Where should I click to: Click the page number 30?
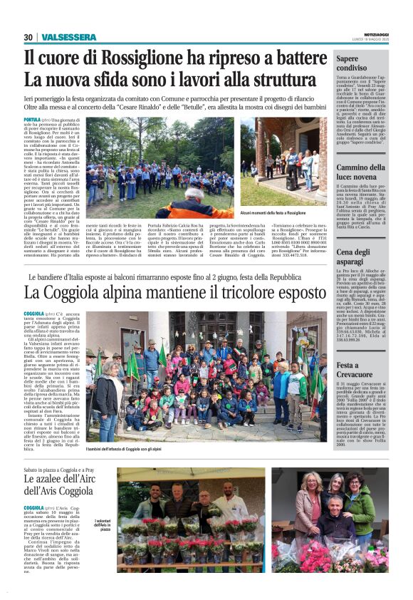click(28, 37)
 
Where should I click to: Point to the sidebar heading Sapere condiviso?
click(357, 63)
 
